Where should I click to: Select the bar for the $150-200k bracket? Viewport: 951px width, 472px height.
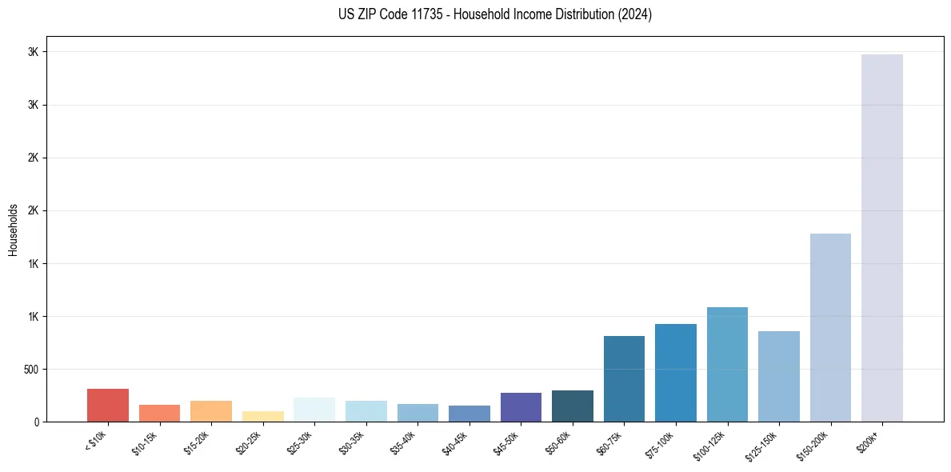click(830, 327)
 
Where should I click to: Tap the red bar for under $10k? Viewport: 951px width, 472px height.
click(108, 405)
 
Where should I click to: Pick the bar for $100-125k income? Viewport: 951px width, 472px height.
click(727, 364)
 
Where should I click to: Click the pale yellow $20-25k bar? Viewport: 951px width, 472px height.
click(263, 416)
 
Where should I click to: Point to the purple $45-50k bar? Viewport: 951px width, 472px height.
click(521, 407)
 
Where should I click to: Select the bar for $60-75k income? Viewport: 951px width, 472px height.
click(624, 378)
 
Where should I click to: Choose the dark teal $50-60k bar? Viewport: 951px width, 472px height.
click(573, 406)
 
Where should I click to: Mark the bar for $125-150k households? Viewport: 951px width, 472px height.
click(779, 376)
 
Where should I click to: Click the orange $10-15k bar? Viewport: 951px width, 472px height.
click(159, 413)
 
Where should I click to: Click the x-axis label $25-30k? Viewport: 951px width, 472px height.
click(300, 442)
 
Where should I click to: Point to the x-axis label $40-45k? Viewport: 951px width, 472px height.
click(455, 442)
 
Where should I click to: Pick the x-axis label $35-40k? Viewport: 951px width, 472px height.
click(403, 442)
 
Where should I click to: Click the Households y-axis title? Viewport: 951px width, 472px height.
click(14, 230)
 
